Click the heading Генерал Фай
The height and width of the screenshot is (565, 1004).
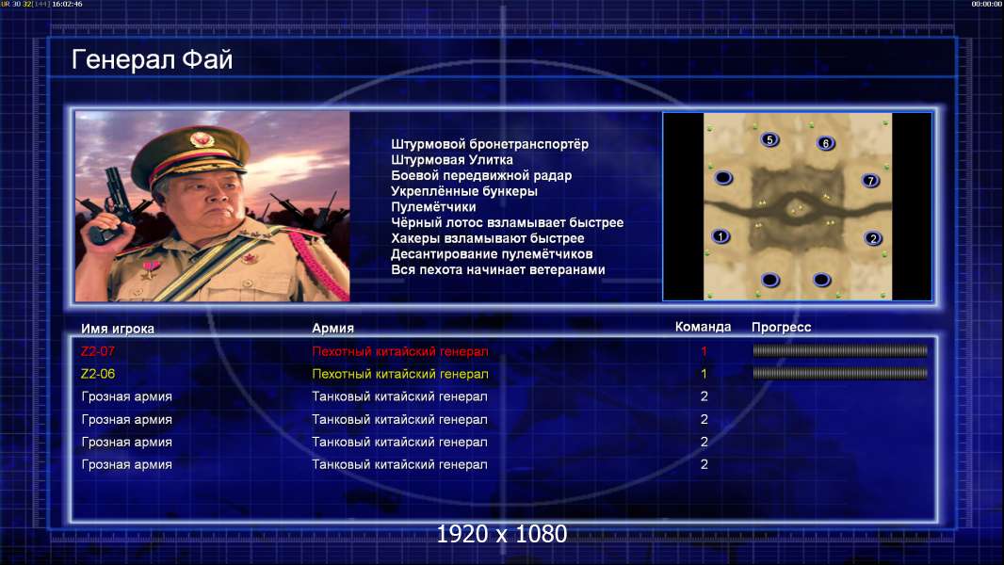[x=152, y=59]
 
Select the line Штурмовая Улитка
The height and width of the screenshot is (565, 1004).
[x=452, y=160]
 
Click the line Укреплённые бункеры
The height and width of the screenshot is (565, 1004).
[x=464, y=191]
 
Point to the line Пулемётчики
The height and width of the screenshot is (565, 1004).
[x=433, y=207]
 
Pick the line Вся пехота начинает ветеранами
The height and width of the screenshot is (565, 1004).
[x=498, y=269]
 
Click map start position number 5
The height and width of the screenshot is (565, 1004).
[x=769, y=139]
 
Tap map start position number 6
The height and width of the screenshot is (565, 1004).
[x=825, y=143]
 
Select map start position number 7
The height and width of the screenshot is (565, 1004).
[x=870, y=181]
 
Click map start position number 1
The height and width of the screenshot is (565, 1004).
[x=721, y=236]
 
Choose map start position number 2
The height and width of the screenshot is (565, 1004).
[x=873, y=238]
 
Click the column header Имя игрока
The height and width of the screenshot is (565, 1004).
[x=118, y=329]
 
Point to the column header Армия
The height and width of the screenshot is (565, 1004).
[x=333, y=329]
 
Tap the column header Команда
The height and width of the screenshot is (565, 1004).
[x=703, y=327]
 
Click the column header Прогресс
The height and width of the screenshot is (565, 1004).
[x=781, y=327]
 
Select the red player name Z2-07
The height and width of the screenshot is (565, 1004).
[x=98, y=351]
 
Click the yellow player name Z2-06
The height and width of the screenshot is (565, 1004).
[x=98, y=374]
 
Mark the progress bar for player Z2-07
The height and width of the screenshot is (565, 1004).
[x=840, y=350]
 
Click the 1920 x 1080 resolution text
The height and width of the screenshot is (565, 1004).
[x=502, y=534]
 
